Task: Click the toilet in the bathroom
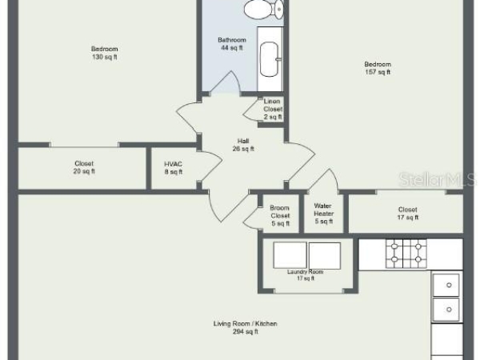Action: pyautogui.click(x=263, y=9)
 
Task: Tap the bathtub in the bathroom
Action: pyautogui.click(x=270, y=59)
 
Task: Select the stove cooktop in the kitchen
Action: pyautogui.click(x=406, y=254)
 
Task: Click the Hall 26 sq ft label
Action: pyautogui.click(x=243, y=145)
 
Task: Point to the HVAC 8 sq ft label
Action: pyautogui.click(x=174, y=168)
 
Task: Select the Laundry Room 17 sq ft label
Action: pyautogui.click(x=306, y=275)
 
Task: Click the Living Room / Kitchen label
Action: pyautogui.click(x=246, y=327)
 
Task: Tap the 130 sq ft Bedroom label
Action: pyautogui.click(x=104, y=53)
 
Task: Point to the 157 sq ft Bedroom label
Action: pyautogui.click(x=378, y=68)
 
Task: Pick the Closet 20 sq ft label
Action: pyautogui.click(x=84, y=167)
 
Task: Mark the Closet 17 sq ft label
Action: pyautogui.click(x=407, y=214)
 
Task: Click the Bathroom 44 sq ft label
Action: pyautogui.click(x=232, y=43)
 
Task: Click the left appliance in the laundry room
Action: pyautogui.click(x=290, y=255)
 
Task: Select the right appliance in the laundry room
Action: pyautogui.click(x=325, y=256)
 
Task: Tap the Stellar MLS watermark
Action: pyautogui.click(x=438, y=179)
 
